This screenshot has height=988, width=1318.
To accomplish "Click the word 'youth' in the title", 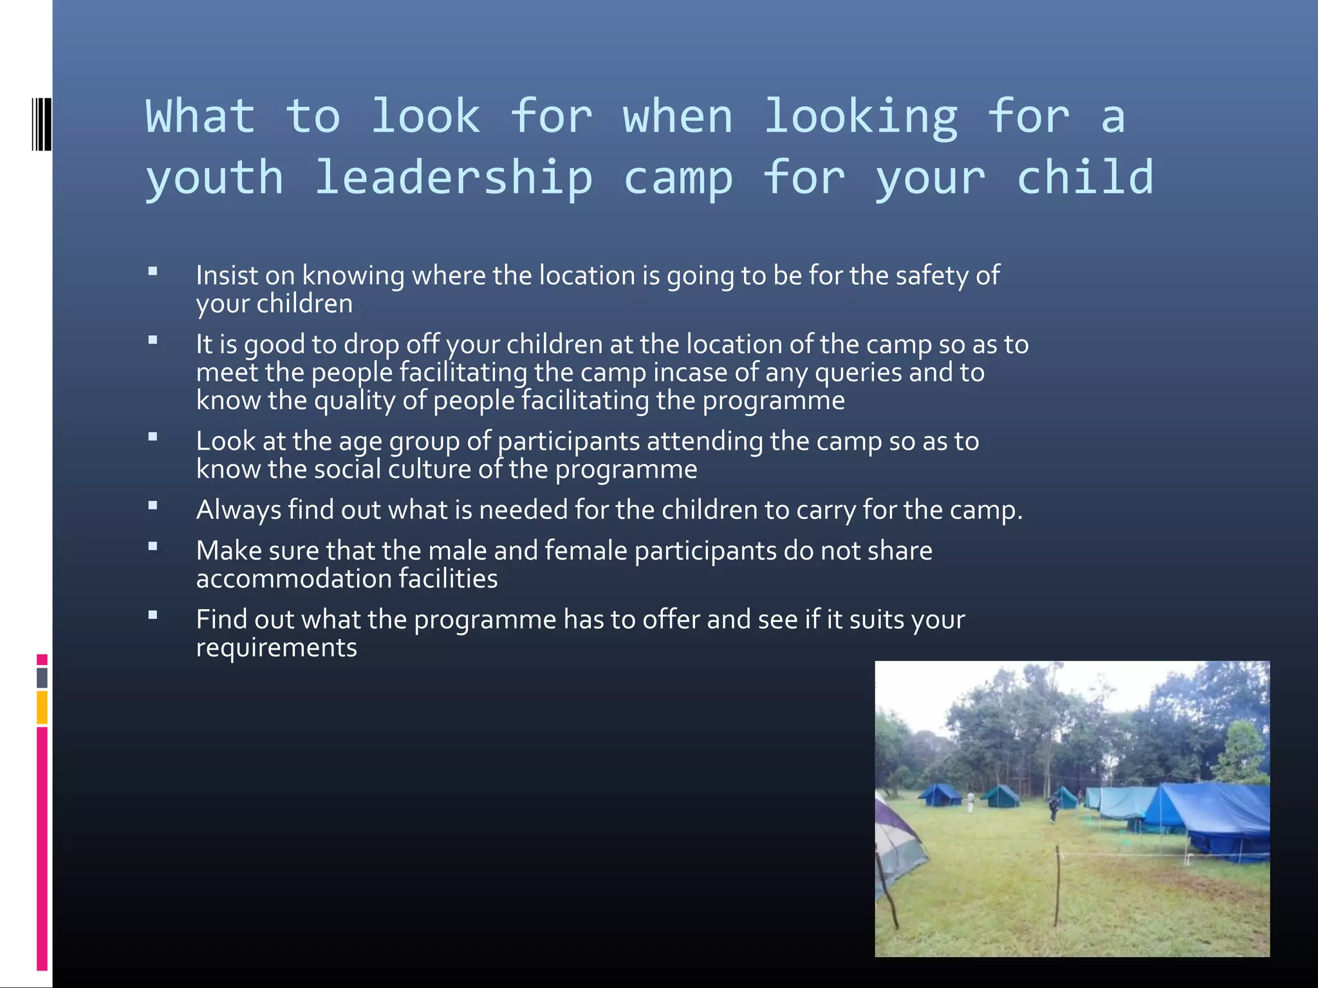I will [x=214, y=178].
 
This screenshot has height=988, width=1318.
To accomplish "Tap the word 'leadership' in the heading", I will [x=453, y=178].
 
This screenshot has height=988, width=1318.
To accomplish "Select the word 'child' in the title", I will [x=1084, y=178].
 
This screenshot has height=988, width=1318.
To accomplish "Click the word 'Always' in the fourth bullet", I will [x=239, y=509].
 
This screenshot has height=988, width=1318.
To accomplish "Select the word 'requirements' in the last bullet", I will [x=276, y=647].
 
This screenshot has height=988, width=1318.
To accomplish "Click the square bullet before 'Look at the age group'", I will [x=153, y=437].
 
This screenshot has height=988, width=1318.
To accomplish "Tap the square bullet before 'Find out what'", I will [x=153, y=616].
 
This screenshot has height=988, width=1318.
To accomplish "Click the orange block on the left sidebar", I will [x=42, y=707].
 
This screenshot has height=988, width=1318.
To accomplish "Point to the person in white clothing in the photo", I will [x=970, y=801].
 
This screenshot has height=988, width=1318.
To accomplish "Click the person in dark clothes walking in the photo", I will [x=1053, y=808].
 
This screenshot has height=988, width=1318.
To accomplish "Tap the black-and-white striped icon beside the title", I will [x=41, y=123].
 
